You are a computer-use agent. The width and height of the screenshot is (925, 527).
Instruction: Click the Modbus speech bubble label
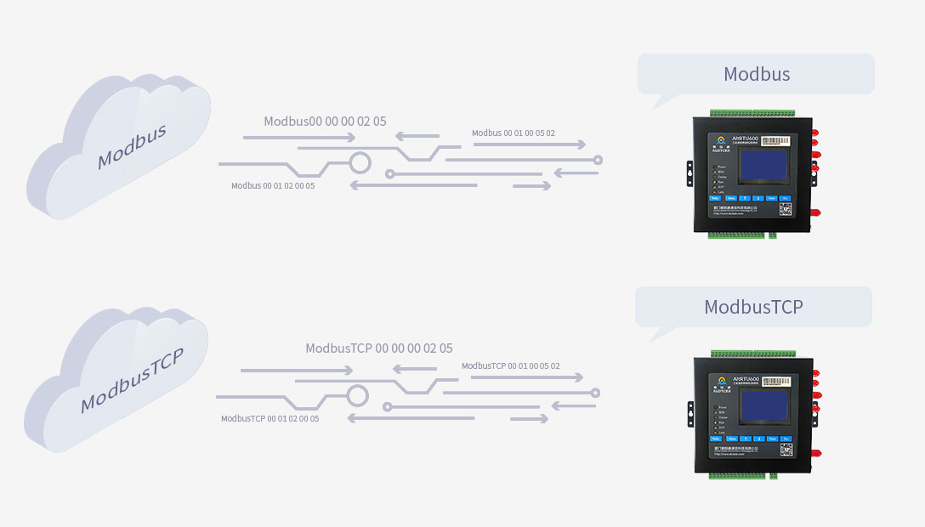pyautogui.click(x=756, y=74)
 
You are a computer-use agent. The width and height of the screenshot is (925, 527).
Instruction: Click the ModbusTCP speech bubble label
pyautogui.click(x=752, y=307)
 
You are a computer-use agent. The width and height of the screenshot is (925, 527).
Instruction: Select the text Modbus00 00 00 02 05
pyautogui.click(x=325, y=122)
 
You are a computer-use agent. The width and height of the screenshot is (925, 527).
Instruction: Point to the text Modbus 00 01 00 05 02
pyautogui.click(x=514, y=133)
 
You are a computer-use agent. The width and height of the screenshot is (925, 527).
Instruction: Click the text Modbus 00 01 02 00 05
pyautogui.click(x=273, y=185)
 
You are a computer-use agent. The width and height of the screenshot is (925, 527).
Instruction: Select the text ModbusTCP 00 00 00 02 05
pyautogui.click(x=379, y=348)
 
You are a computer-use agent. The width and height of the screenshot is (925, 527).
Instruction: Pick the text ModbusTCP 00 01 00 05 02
pyautogui.click(x=511, y=366)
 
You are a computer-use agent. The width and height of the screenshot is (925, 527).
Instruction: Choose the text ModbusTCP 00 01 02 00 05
pyautogui.click(x=270, y=418)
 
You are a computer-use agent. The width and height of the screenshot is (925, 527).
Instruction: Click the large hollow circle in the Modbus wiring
pyautogui.click(x=360, y=161)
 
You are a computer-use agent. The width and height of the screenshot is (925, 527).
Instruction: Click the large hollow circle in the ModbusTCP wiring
pyautogui.click(x=358, y=394)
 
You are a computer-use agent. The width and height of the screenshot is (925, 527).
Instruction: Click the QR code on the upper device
pyautogui.click(x=786, y=208)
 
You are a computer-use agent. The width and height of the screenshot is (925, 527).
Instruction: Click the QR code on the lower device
pyautogui.click(x=786, y=449)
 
